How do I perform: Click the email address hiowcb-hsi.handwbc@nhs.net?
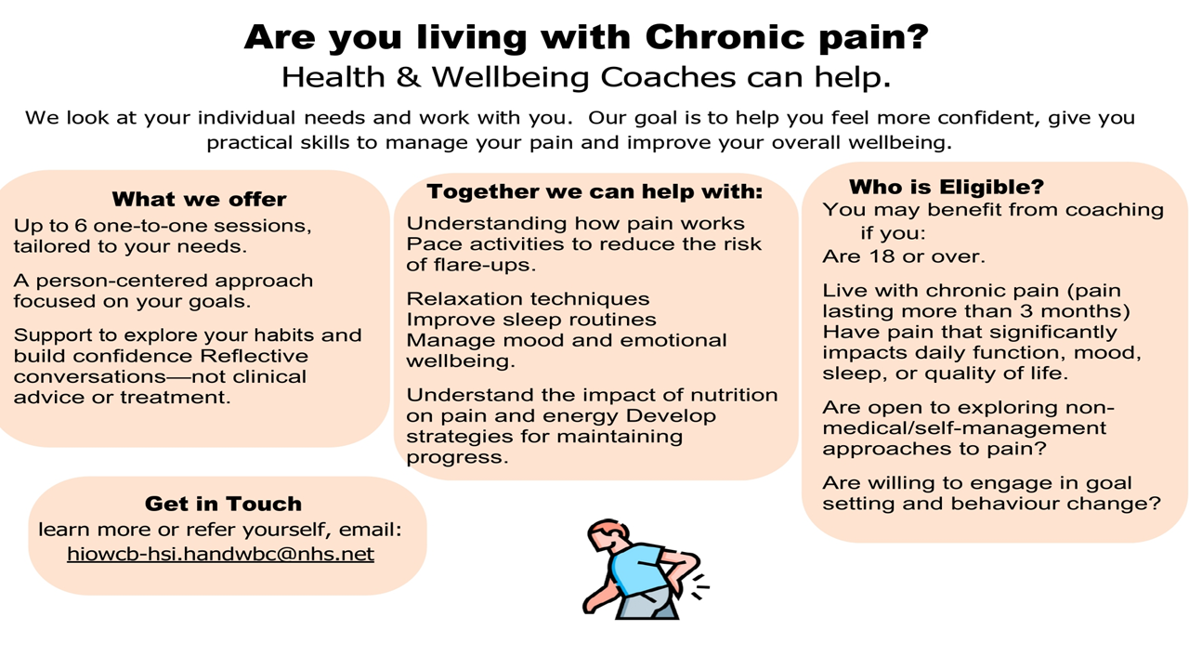(x=220, y=555)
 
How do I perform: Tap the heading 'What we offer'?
(x=199, y=200)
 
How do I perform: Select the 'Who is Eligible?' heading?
(x=947, y=187)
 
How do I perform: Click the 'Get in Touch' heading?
(x=223, y=504)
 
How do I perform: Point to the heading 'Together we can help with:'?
(x=594, y=191)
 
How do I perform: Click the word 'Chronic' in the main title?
(x=725, y=37)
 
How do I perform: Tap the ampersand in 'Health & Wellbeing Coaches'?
(x=408, y=77)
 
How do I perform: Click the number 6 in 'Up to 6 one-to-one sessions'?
(x=81, y=226)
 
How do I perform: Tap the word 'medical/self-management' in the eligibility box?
(x=964, y=428)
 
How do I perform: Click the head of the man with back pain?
(x=608, y=537)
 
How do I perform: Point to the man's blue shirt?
(x=636, y=569)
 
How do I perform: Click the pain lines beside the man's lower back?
(x=699, y=586)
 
